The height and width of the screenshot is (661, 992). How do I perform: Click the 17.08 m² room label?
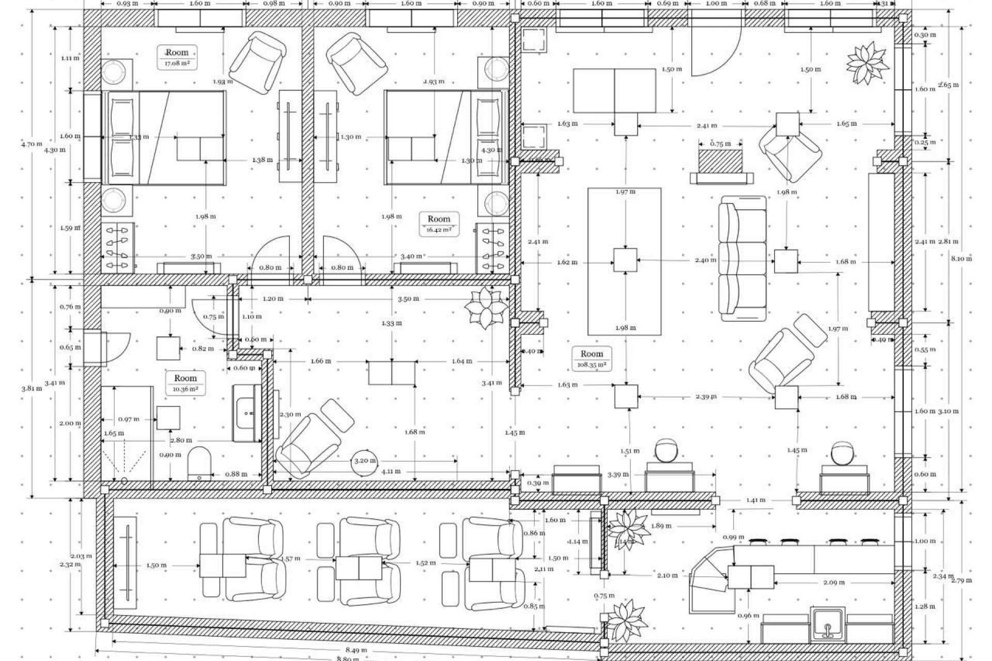point(177,57)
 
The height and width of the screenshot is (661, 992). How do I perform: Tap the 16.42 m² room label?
point(439,224)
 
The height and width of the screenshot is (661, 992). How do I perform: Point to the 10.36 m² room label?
point(185,383)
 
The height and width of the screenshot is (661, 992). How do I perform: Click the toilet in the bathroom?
point(199,463)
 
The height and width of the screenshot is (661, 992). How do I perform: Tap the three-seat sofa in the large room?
point(743,258)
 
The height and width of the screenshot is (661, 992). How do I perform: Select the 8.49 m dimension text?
point(357,650)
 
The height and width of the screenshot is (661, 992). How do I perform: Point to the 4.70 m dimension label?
point(32,144)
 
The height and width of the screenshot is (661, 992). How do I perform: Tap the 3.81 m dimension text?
point(32,388)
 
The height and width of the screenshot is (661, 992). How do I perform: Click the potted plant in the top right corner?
point(868,64)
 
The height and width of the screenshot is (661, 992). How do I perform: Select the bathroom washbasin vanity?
point(247,413)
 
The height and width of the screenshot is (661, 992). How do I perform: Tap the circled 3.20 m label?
point(365,460)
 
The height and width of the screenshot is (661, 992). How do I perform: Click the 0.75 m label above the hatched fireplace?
point(720,144)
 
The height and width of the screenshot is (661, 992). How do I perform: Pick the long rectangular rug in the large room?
point(625,261)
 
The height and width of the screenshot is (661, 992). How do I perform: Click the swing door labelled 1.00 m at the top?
point(716,49)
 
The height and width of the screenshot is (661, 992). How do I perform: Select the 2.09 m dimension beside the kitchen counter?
point(834,583)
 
